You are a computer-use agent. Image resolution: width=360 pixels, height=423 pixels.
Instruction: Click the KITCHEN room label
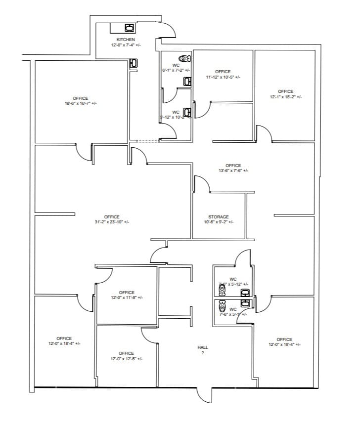tap(125, 40)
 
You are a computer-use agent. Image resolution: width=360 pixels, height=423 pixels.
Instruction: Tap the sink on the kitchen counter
tap(130, 27)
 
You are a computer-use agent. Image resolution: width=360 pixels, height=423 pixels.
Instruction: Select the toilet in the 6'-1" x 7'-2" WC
tap(185, 58)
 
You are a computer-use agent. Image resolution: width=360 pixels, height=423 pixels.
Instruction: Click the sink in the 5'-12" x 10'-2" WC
tap(187, 112)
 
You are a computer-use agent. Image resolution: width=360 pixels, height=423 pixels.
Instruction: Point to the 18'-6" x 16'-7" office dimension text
tap(81, 104)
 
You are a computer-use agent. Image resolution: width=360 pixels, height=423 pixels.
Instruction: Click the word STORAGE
tap(218, 217)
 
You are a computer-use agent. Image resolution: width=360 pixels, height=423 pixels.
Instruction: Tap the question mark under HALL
tap(202, 353)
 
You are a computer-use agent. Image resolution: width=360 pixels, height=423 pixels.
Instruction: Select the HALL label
tap(202, 347)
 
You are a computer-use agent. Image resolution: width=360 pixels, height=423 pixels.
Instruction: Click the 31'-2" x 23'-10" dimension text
tap(112, 222)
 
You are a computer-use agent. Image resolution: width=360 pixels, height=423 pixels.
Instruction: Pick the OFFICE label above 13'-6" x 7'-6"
tap(233, 166)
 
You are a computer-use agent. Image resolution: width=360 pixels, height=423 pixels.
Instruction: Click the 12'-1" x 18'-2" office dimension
tap(285, 97)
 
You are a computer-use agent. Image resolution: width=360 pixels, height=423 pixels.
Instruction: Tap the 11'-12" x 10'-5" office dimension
tap(223, 77)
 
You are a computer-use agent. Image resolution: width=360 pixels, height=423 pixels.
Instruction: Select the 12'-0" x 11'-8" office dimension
tap(127, 297)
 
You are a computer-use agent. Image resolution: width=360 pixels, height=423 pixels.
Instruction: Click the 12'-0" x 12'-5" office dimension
tap(126, 359)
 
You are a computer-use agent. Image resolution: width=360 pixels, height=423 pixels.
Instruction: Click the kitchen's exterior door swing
tap(168, 30)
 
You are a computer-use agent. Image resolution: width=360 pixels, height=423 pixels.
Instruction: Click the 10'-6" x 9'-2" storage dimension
tap(218, 222)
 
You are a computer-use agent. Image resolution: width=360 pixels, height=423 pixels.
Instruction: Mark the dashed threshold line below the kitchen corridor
tap(148, 141)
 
